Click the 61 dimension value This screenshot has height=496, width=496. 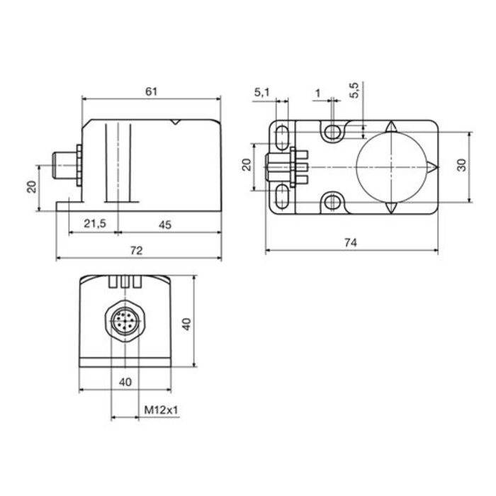tap(150, 91)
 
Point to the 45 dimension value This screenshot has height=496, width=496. tap(164, 224)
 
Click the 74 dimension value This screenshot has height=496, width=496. tap(350, 242)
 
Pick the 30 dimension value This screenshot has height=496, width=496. tap(461, 164)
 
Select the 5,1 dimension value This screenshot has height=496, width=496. tap(261, 91)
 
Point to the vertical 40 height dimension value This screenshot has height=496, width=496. tap(187, 323)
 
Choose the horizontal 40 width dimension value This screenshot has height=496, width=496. tap(125, 383)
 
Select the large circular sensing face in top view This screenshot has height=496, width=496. tap(392, 168)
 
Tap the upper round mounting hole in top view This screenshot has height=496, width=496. tap(332, 133)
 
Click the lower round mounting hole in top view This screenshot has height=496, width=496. tap(332, 203)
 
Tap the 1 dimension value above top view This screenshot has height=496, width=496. tap(317, 92)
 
